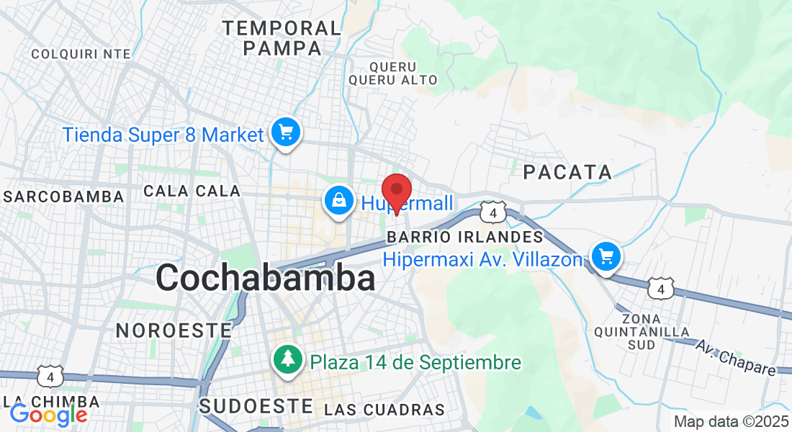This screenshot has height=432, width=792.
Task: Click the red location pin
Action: click(396, 192)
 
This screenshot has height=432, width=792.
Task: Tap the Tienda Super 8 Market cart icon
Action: click(286, 132)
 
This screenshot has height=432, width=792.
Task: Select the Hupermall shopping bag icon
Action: click(338, 201)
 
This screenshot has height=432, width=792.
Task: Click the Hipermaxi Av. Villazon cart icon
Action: click(606, 256)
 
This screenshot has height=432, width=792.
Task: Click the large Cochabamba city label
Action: click(265, 278)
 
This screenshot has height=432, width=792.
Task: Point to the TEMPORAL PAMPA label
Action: click(282, 38)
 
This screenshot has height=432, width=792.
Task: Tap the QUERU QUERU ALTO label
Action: click(392, 73)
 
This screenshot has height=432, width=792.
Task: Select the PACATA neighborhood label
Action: click(567, 172)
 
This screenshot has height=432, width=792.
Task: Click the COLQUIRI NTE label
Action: click(81, 53)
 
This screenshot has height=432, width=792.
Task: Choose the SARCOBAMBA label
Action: click(63, 197)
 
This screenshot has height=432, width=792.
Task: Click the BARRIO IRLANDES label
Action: click(464, 237)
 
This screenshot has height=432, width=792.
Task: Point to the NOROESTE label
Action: click(174, 330)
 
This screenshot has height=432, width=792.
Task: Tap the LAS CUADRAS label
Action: click(384, 410)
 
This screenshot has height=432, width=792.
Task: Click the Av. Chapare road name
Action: click(736, 357)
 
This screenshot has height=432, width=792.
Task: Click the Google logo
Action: click(48, 415)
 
